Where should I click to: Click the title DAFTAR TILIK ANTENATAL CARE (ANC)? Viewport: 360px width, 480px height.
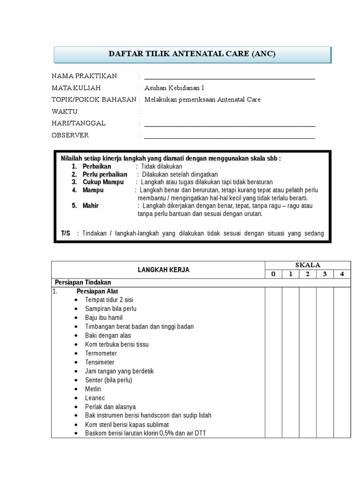click(x=192, y=54)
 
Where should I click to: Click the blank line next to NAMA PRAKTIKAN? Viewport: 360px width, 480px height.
click(x=230, y=77)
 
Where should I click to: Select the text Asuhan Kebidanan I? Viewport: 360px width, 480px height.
click(x=174, y=88)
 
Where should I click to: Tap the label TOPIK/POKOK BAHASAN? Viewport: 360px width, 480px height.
click(x=94, y=100)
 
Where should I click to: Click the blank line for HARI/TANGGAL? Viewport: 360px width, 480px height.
click(x=230, y=124)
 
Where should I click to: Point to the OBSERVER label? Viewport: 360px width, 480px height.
click(x=70, y=135)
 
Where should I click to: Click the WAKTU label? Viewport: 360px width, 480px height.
click(x=64, y=112)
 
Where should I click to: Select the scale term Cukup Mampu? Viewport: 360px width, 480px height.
click(x=103, y=182)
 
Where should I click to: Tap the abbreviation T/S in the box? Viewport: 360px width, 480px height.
click(x=66, y=233)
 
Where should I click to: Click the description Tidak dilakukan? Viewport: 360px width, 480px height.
click(x=162, y=166)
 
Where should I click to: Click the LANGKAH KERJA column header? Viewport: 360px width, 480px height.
click(x=164, y=270)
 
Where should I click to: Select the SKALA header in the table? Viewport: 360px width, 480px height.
click(x=308, y=265)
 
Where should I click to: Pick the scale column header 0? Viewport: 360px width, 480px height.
click(x=273, y=274)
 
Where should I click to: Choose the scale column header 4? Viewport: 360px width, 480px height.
click(x=342, y=274)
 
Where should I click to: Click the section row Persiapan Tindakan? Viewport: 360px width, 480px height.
click(x=83, y=283)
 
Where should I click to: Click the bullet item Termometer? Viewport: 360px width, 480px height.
click(x=101, y=353)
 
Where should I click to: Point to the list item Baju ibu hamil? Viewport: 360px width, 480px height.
click(x=104, y=318)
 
